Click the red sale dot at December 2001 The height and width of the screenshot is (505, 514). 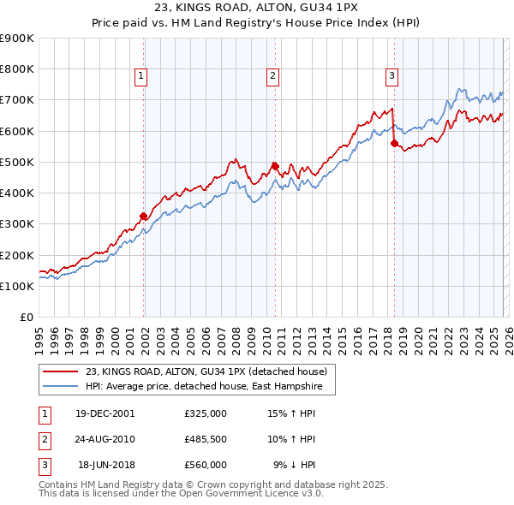(144, 216)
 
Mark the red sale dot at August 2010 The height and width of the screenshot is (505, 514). (275, 166)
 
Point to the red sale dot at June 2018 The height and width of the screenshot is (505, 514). (394, 144)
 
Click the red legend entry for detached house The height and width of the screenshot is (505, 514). (206, 371)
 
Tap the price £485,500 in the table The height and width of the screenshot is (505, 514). (206, 439)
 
